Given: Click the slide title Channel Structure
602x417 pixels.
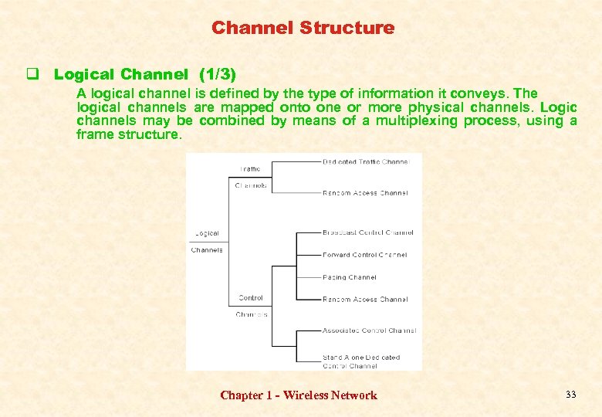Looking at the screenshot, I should pyautogui.click(x=303, y=29).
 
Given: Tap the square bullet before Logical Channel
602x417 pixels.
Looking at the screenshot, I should pyautogui.click(x=33, y=75).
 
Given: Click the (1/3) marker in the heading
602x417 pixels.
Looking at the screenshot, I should pyautogui.click(x=217, y=75).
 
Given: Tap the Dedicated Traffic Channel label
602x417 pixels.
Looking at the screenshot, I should pyautogui.click(x=365, y=161).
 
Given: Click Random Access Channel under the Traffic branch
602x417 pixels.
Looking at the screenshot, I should pyautogui.click(x=365, y=193).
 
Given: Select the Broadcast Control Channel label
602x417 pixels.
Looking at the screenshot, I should pyautogui.click(x=367, y=232).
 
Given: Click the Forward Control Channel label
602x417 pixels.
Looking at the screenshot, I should pyautogui.click(x=364, y=255).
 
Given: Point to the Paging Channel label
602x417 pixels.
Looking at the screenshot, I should pyautogui.click(x=350, y=277).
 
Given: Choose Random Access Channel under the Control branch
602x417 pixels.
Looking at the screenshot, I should pyautogui.click(x=365, y=300).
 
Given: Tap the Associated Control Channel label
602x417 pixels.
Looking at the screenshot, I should pyautogui.click(x=369, y=331).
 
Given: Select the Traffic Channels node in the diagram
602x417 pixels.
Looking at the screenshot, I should pyautogui.click(x=251, y=178).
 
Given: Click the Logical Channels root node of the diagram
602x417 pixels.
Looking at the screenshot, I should pyautogui.click(x=207, y=241).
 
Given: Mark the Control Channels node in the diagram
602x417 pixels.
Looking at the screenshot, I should pyautogui.click(x=251, y=306).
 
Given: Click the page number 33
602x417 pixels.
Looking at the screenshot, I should pyautogui.click(x=570, y=395).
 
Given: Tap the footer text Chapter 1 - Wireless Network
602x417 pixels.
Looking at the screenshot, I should pyautogui.click(x=299, y=395).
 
